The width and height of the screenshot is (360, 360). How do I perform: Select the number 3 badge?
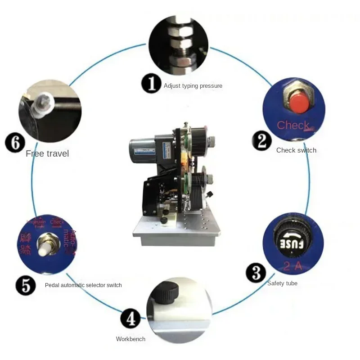coord(256,273)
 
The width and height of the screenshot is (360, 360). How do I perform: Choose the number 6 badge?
coord(14,144)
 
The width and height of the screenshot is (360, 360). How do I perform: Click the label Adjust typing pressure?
coord(193,86)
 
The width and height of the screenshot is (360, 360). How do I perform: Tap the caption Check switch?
coord(296,150)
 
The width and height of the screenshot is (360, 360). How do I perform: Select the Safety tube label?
coord(282,283)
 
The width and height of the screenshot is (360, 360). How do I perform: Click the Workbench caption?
coord(130,339)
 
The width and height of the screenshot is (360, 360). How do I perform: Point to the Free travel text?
coord(47,153)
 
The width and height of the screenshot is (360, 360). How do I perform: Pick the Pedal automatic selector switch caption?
coord(83,285)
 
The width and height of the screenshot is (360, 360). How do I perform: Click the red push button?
coord(298,103)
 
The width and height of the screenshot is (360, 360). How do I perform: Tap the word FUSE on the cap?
coord(291,244)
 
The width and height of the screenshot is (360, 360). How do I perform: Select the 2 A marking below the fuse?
coord(292,266)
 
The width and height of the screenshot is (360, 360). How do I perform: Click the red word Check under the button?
coord(293,125)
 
